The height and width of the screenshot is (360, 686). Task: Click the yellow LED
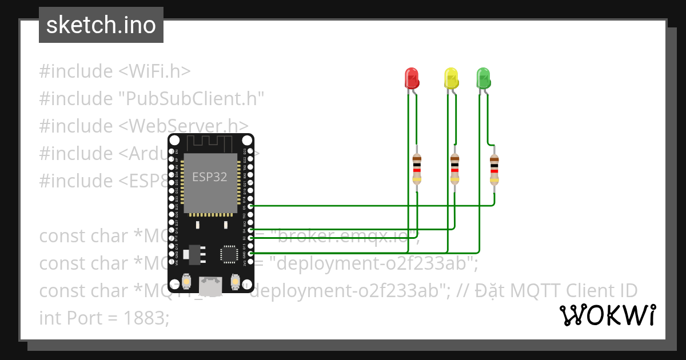pyautogui.click(x=451, y=77)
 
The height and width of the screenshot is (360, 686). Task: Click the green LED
pyautogui.click(x=484, y=77)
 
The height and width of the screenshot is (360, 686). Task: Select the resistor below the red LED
pyautogui.click(x=417, y=170)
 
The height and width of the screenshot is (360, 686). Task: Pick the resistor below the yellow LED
pyautogui.click(x=454, y=170)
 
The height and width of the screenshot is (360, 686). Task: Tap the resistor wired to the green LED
pyautogui.click(x=494, y=170)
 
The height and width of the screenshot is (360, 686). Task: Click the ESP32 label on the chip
pyautogui.click(x=209, y=177)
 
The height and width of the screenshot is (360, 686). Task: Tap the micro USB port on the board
pyautogui.click(x=210, y=284)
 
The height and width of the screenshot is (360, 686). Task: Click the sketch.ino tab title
pyautogui.click(x=101, y=26)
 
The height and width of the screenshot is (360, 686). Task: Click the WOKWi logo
pyautogui.click(x=607, y=315)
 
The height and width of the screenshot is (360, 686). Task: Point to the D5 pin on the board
pyautogui.click(x=250, y=206)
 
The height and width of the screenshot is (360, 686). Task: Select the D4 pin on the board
pyautogui.click(x=250, y=229)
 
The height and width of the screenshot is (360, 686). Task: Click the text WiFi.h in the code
pyautogui.click(x=154, y=71)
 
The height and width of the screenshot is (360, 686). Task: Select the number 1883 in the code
pyautogui.click(x=146, y=318)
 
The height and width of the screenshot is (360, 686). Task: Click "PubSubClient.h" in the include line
pyautogui.click(x=191, y=99)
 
